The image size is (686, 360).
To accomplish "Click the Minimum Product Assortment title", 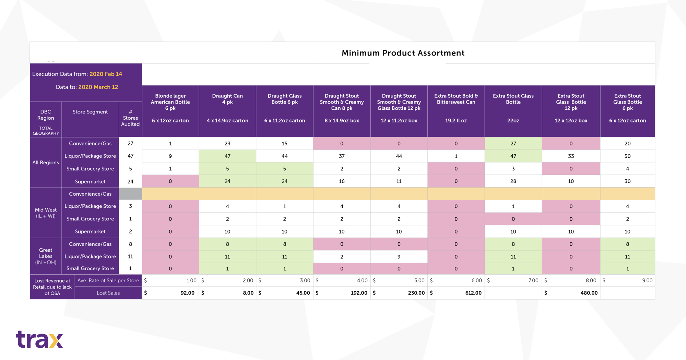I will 403,53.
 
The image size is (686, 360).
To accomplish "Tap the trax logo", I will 39,339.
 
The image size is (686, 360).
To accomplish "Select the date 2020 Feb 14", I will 106,74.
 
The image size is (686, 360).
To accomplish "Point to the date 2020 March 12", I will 98,87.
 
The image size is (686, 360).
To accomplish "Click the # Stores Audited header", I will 130,118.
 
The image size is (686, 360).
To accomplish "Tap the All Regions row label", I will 46,163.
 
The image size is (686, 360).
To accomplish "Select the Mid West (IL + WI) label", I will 46,213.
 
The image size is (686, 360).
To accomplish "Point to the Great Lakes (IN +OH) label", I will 46,256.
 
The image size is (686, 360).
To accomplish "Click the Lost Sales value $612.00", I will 473,293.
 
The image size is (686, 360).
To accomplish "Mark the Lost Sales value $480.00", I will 589,293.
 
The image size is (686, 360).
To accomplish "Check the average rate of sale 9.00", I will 647,280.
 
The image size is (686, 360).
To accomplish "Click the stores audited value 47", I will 130,156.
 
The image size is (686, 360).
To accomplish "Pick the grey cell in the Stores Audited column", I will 130,194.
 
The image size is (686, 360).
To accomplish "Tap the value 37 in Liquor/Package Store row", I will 342,156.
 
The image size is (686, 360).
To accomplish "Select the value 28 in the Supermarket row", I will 513,181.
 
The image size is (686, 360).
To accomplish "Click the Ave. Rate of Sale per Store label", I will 108,280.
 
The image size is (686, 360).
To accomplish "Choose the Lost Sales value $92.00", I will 187,293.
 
